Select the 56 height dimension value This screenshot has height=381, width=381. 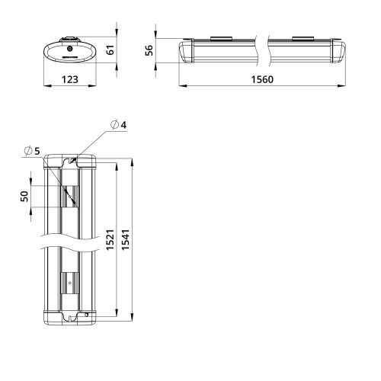(x=149, y=50)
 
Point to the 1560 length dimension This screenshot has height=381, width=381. (x=260, y=79)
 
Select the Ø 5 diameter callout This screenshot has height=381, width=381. (x=32, y=151)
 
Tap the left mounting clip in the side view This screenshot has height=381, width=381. (x=222, y=38)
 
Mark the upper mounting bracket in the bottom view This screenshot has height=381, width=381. (x=70, y=196)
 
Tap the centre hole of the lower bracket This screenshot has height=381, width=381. (x=70, y=285)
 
